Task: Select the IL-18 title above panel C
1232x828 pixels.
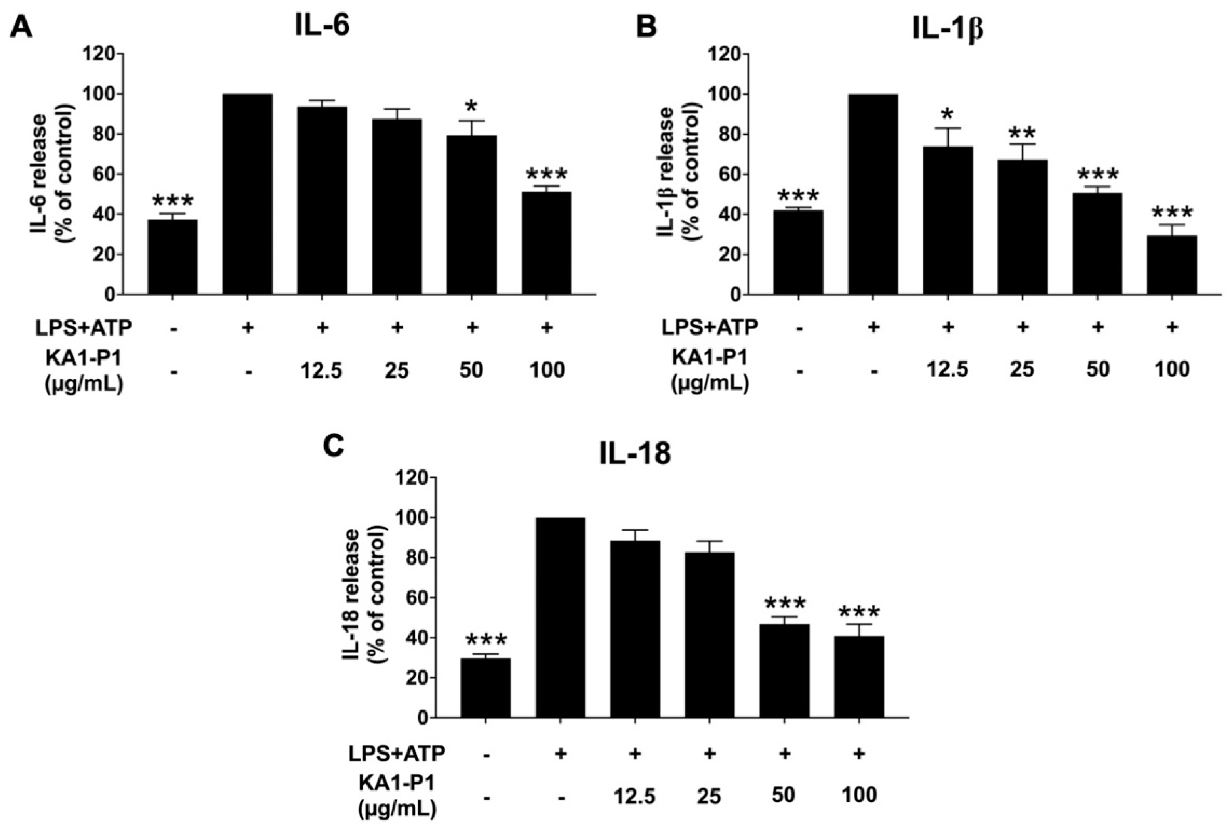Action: pos(635,454)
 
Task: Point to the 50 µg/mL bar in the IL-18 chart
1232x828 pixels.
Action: pos(784,671)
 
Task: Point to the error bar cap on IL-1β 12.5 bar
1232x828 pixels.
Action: pos(948,128)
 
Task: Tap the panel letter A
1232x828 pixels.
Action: pos(21,27)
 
